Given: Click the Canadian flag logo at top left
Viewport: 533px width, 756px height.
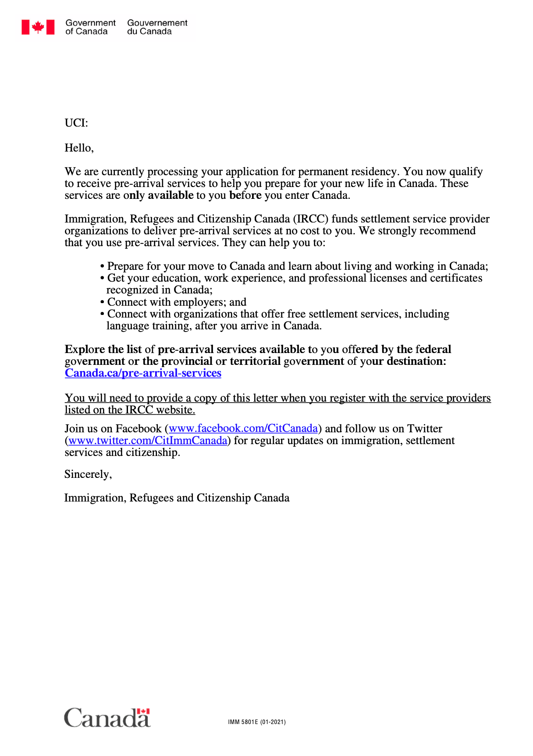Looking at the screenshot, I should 38,27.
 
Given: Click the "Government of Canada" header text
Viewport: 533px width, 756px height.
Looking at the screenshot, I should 90,27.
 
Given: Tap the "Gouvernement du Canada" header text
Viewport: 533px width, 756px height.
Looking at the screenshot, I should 157,27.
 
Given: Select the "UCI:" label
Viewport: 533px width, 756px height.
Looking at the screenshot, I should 76,123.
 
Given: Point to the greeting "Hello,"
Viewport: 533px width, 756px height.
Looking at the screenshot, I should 79,148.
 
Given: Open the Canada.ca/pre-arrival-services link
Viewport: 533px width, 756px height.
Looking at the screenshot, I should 143,373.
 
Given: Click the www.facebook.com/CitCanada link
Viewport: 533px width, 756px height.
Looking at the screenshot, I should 243,428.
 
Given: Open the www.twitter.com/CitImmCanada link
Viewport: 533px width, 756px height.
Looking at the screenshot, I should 148,441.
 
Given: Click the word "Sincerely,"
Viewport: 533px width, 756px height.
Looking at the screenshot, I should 88,474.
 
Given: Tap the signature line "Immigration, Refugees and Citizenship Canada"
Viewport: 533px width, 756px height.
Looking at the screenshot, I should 177,498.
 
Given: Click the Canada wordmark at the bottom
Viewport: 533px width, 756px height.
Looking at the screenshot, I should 107,718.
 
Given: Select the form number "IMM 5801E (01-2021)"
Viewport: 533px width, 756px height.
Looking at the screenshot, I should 257,722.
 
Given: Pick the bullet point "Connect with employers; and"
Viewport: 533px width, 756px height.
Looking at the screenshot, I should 177,302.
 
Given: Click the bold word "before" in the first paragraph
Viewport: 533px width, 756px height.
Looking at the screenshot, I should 245,195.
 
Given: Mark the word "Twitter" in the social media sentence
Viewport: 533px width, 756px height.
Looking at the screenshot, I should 425,429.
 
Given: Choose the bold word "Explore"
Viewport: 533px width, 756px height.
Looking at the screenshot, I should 85,350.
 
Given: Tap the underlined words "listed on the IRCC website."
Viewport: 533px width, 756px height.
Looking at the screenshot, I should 130,410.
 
